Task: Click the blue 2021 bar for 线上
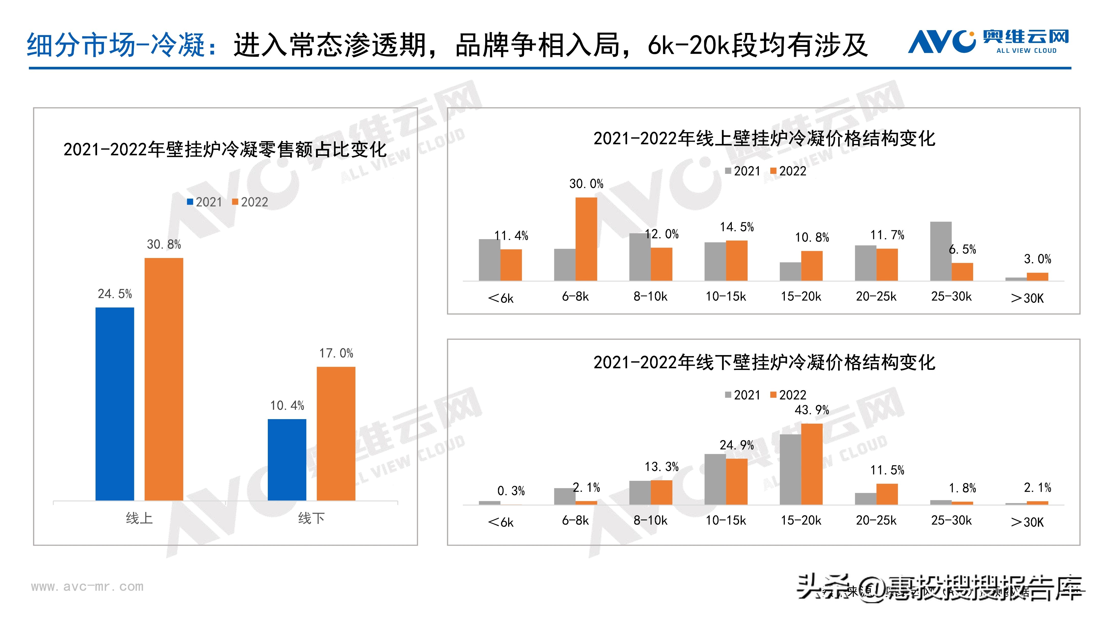[114, 404]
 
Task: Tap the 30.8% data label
[164, 244]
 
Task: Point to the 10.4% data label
[287, 405]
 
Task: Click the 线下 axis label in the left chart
[311, 518]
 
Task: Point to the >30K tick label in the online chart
[1027, 298]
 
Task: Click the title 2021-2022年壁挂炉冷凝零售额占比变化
[225, 149]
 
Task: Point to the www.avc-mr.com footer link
[87, 587]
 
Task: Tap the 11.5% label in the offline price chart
[887, 470]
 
